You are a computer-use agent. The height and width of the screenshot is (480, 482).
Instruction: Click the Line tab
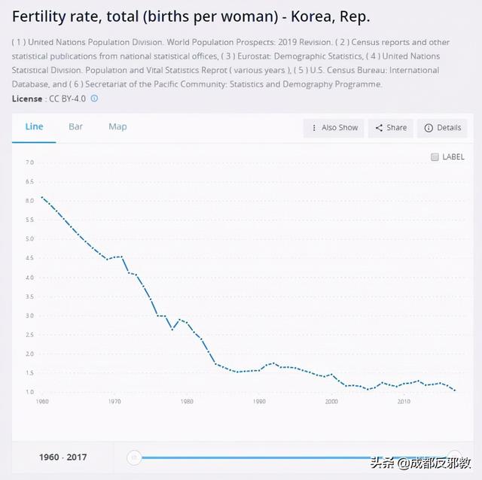[35, 126]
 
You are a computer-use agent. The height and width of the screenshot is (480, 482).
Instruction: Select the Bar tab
[75, 126]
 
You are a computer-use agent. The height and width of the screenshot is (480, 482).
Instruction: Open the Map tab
[117, 126]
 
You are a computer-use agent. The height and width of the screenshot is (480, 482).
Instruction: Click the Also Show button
[334, 128]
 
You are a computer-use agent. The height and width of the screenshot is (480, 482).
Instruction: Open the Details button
[442, 128]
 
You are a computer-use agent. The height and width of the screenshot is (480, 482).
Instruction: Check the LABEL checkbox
[435, 157]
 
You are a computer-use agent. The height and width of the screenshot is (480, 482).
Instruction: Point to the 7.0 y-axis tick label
[30, 163]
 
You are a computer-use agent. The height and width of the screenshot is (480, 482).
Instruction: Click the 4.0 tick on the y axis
[30, 278]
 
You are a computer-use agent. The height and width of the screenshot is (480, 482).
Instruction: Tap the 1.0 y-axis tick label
[30, 392]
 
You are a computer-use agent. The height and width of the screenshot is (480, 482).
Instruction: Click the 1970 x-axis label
[114, 402]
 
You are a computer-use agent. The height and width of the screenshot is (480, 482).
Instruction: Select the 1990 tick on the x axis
[259, 402]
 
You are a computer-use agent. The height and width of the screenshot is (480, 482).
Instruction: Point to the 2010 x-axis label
[404, 402]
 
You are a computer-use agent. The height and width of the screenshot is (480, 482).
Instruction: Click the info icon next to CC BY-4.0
[94, 99]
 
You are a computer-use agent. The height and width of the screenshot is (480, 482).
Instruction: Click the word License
[27, 99]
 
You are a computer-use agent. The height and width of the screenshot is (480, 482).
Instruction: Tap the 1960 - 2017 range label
[64, 457]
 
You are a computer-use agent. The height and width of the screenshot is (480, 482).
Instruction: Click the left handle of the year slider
[134, 457]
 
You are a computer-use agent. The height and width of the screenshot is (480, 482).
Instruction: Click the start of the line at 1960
[41, 197]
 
